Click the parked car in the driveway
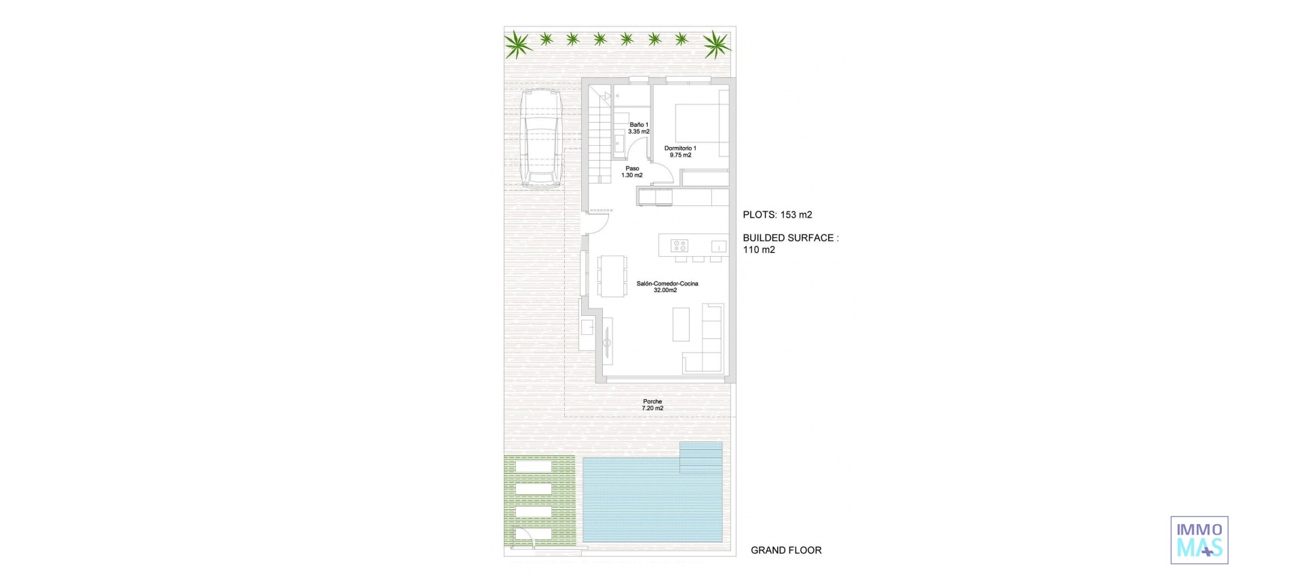tap(541, 138)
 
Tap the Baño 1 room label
tap(639, 128)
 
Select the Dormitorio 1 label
tap(680, 152)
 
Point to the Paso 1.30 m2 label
tap(632, 172)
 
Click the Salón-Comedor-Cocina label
tap(667, 287)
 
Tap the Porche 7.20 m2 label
tap(652, 405)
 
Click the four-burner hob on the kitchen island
tap(679, 245)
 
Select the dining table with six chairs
tap(612, 275)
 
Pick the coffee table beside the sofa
tap(681, 324)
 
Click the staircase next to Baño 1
tap(599, 139)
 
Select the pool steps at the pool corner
tap(701, 457)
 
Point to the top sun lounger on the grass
tap(534, 466)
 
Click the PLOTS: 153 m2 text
tap(777, 215)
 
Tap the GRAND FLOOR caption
tap(786, 550)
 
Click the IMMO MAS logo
tap(1199, 540)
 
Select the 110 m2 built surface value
tap(759, 249)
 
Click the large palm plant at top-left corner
tap(518, 44)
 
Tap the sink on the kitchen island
tap(719, 247)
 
